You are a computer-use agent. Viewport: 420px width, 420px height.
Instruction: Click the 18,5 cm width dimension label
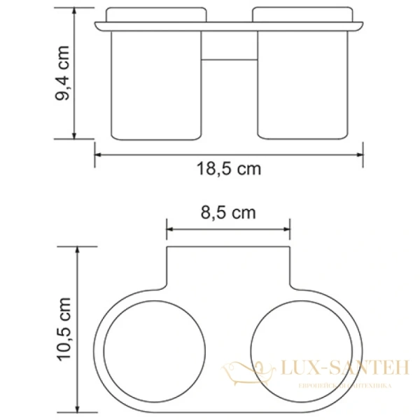click(229, 169)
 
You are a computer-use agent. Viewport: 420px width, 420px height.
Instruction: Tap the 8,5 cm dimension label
click(229, 212)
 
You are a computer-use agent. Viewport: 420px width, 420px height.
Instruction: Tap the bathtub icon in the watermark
click(248, 370)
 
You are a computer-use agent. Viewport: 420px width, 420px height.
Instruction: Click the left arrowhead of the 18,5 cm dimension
click(98, 153)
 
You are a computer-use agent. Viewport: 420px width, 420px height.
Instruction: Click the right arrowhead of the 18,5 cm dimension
click(360, 153)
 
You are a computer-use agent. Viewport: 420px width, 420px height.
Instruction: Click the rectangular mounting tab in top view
click(228, 269)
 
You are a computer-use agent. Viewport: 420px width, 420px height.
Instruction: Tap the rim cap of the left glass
click(156, 15)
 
